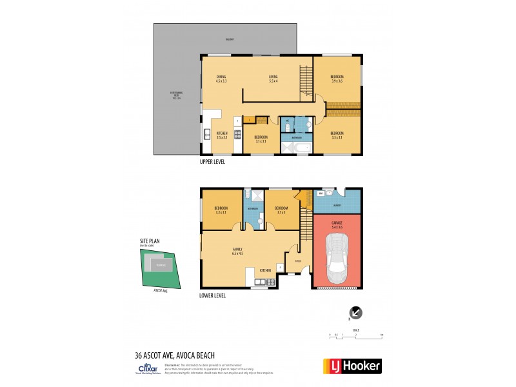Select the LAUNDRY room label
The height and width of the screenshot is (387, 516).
pos(337,205)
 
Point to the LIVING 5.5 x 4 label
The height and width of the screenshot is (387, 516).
pos(273,79)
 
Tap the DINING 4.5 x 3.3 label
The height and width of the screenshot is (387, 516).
pos(221,79)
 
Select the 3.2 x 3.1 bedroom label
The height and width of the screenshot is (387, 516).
pos(221,210)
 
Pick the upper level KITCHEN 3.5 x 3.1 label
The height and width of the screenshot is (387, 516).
pos(222,135)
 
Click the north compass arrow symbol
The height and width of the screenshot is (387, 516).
pos(355,313)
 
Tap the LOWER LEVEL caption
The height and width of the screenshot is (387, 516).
pos(213,295)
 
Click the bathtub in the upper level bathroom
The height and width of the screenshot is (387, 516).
pos(301,148)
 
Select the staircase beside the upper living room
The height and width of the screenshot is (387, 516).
pos(306,82)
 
